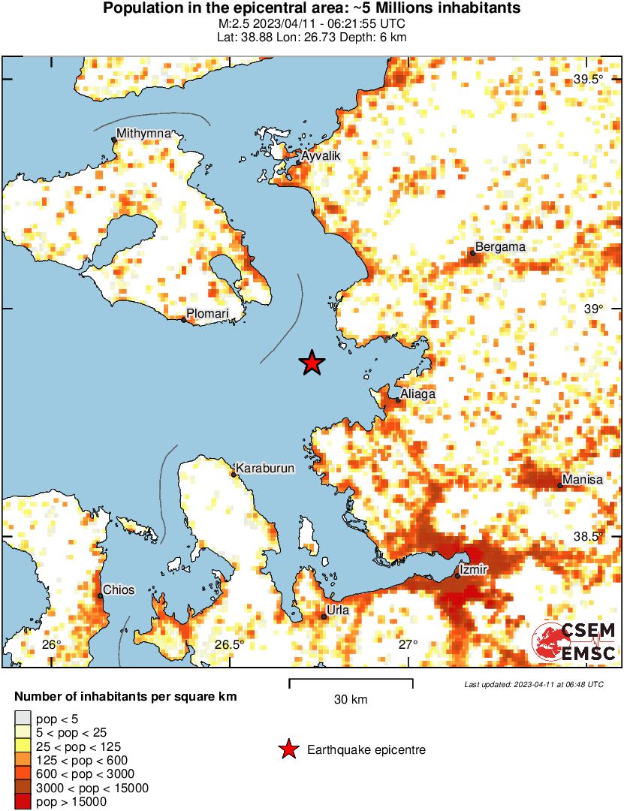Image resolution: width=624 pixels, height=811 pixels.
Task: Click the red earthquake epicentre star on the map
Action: click(x=312, y=363)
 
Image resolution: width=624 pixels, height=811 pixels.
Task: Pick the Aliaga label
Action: click(x=418, y=393)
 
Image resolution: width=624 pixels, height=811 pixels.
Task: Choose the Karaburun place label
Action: click(x=266, y=468)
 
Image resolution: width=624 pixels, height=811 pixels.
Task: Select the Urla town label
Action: click(x=338, y=611)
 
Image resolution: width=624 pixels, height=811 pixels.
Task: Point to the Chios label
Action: click(x=119, y=589)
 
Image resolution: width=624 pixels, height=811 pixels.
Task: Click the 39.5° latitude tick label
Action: click(x=589, y=80)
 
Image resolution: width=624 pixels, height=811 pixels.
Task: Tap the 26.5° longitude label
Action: click(x=229, y=644)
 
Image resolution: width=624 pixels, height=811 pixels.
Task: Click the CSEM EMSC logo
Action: click(x=574, y=642)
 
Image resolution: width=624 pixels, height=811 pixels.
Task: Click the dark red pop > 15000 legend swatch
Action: click(x=23, y=802)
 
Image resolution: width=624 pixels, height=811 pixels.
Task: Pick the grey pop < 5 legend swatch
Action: click(x=23, y=719)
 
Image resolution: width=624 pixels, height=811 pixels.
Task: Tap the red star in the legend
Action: click(x=288, y=749)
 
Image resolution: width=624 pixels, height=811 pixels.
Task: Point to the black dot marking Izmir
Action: click(x=457, y=576)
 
